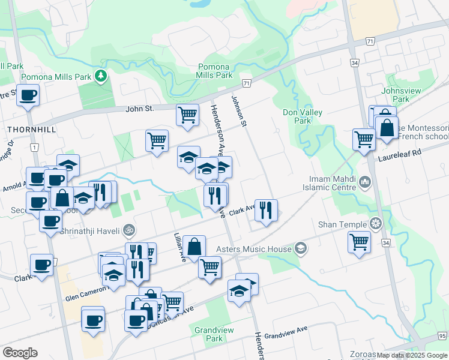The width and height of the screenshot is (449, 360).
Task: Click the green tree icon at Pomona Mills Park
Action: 102,76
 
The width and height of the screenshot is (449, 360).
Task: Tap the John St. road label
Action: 140,109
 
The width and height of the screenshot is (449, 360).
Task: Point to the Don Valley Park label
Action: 303,116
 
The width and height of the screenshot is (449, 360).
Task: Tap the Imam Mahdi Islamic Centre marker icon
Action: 364,181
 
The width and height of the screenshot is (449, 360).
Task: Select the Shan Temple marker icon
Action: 376,225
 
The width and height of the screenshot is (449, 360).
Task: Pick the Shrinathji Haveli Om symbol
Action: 127,229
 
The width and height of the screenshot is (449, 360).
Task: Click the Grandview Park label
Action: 209,334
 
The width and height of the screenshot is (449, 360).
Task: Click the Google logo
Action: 20,353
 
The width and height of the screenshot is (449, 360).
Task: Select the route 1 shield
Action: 35,148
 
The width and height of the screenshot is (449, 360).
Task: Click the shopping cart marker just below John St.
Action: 187,113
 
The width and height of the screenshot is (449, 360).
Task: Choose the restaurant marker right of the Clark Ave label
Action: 266,210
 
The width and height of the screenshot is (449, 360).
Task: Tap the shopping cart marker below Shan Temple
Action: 359,242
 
